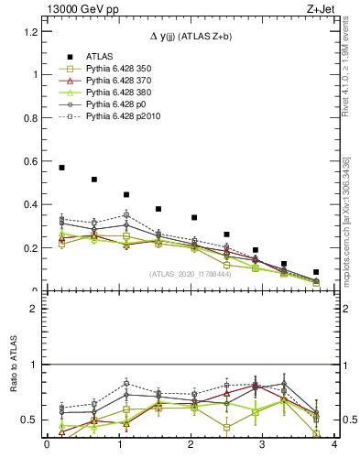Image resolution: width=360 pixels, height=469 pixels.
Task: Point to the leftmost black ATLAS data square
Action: click(x=61, y=168)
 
